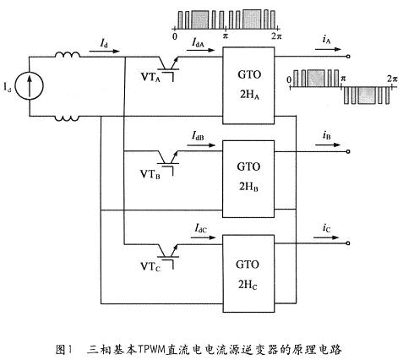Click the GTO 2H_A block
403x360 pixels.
tap(248, 85)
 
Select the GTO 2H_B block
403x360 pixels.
tap(248, 179)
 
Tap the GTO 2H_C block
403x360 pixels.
tap(248, 274)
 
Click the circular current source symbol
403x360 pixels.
tap(30, 85)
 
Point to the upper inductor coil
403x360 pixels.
tap(67, 55)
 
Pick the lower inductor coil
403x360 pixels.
tap(67, 118)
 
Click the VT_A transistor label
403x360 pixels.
tap(150, 77)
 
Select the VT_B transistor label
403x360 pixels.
tap(150, 174)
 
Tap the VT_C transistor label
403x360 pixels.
tap(150, 266)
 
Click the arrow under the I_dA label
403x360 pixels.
tap(200, 51)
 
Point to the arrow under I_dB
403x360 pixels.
tap(201, 145)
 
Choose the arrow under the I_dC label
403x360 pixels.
tap(203, 237)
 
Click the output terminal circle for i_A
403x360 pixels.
tap(348, 57)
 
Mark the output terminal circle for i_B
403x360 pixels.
tap(348, 151)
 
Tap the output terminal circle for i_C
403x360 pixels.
tap(348, 243)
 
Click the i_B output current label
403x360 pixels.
tap(326, 136)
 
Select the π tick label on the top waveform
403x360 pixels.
tap(226, 36)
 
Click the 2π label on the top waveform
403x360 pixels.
tap(276, 36)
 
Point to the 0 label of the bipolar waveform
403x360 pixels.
tap(289, 80)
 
